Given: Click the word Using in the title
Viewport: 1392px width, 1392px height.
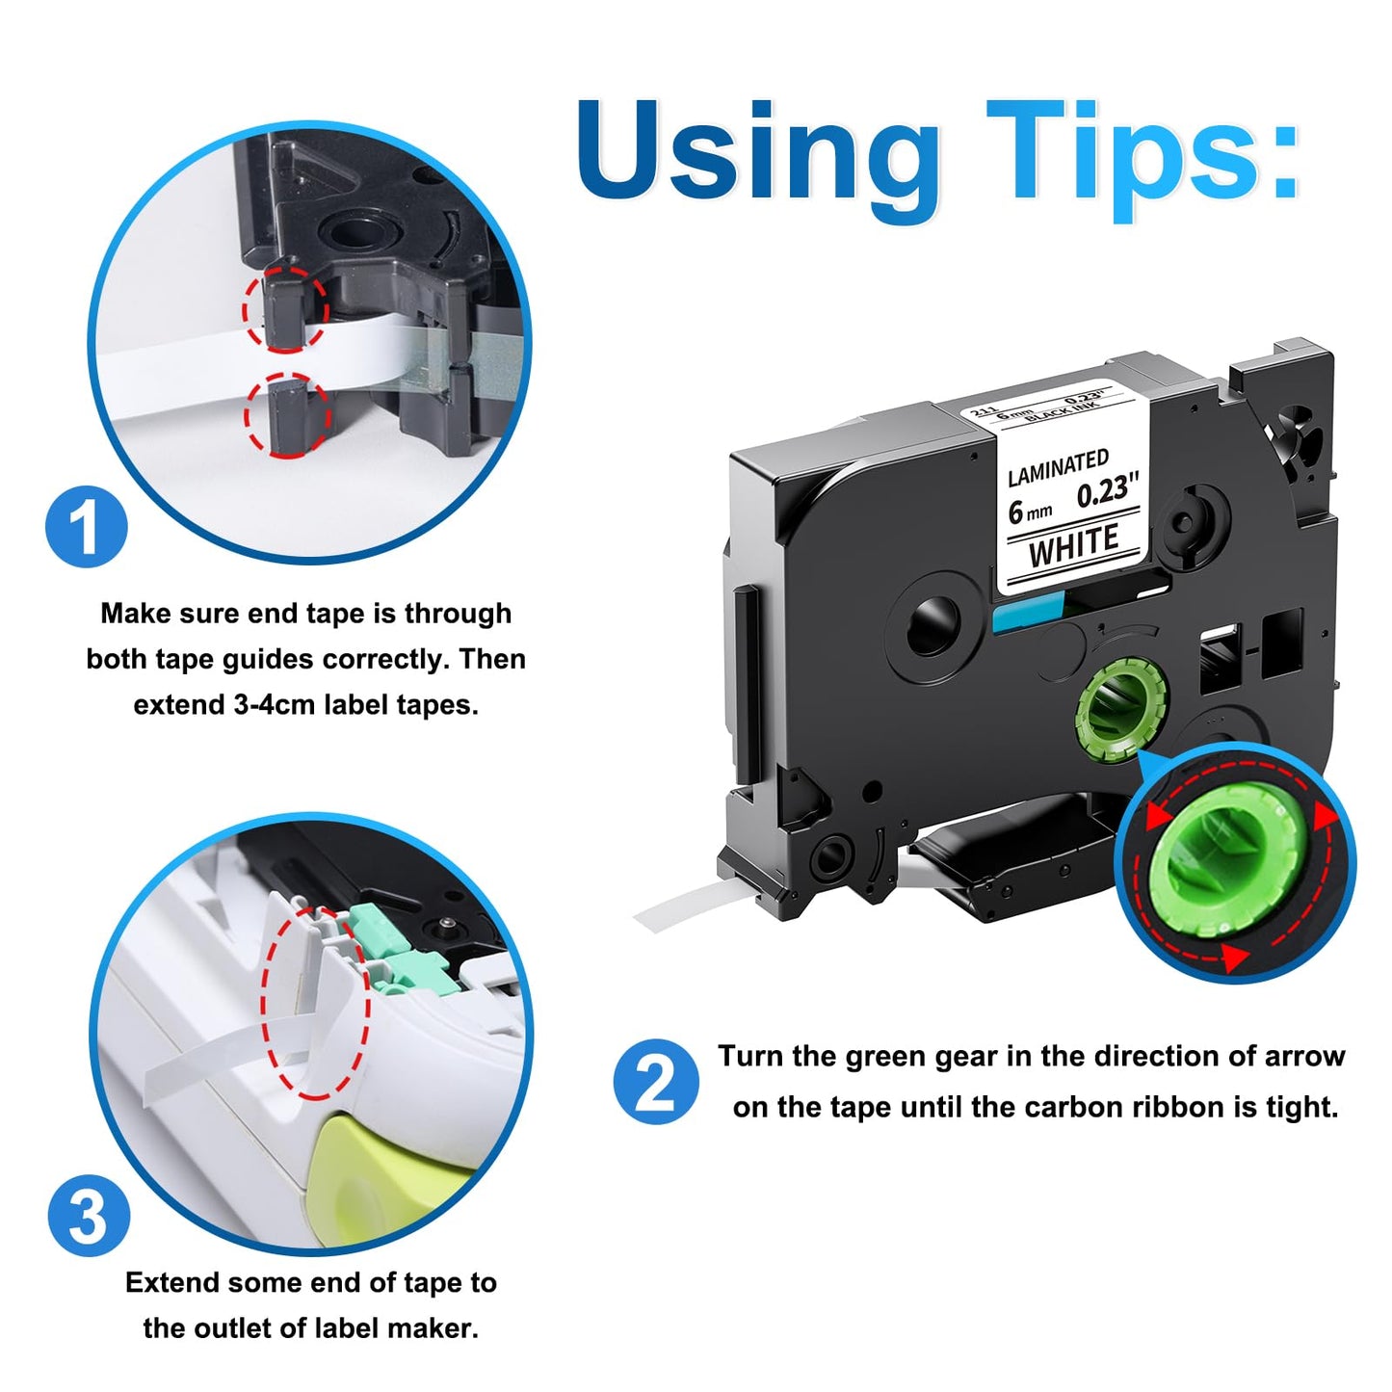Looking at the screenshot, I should [757, 154].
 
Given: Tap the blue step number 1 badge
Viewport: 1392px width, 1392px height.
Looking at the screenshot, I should [87, 527].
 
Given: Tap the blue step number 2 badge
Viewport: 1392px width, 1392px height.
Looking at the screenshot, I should [656, 1081].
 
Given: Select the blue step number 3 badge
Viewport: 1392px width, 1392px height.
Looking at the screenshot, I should [89, 1216].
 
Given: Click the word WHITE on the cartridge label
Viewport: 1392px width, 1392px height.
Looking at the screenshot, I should [1073, 546].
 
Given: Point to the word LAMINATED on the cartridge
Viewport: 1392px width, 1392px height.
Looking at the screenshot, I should [1058, 467].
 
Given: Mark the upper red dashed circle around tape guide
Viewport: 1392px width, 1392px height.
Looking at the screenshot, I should [286, 308].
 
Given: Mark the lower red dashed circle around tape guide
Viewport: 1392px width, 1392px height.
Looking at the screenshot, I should [287, 415].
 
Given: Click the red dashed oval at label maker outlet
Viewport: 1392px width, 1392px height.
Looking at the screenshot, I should [315, 1002].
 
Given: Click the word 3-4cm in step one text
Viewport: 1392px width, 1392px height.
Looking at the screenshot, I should [275, 705].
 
